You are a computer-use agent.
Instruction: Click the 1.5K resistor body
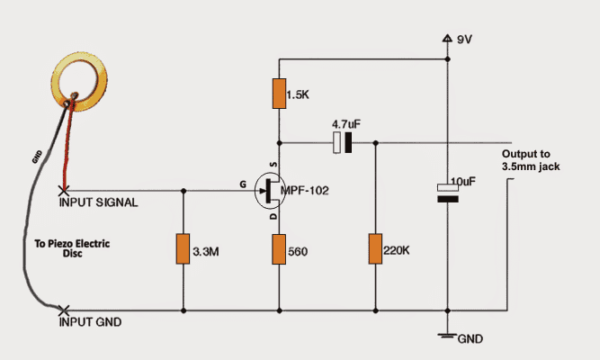280,93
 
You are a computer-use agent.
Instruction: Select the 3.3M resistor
183,249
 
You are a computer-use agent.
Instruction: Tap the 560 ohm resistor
280,249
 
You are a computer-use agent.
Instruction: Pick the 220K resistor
374,249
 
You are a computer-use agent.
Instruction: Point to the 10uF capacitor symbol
447,193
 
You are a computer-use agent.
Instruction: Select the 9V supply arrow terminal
447,39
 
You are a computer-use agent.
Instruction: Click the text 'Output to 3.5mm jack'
532,159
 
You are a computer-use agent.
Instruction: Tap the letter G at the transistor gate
242,183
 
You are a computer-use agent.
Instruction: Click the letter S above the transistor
271,165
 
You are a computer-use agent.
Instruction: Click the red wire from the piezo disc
63,153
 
